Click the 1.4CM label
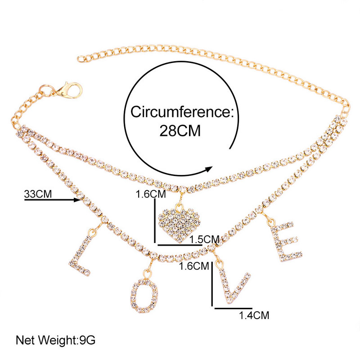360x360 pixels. (255, 315)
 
